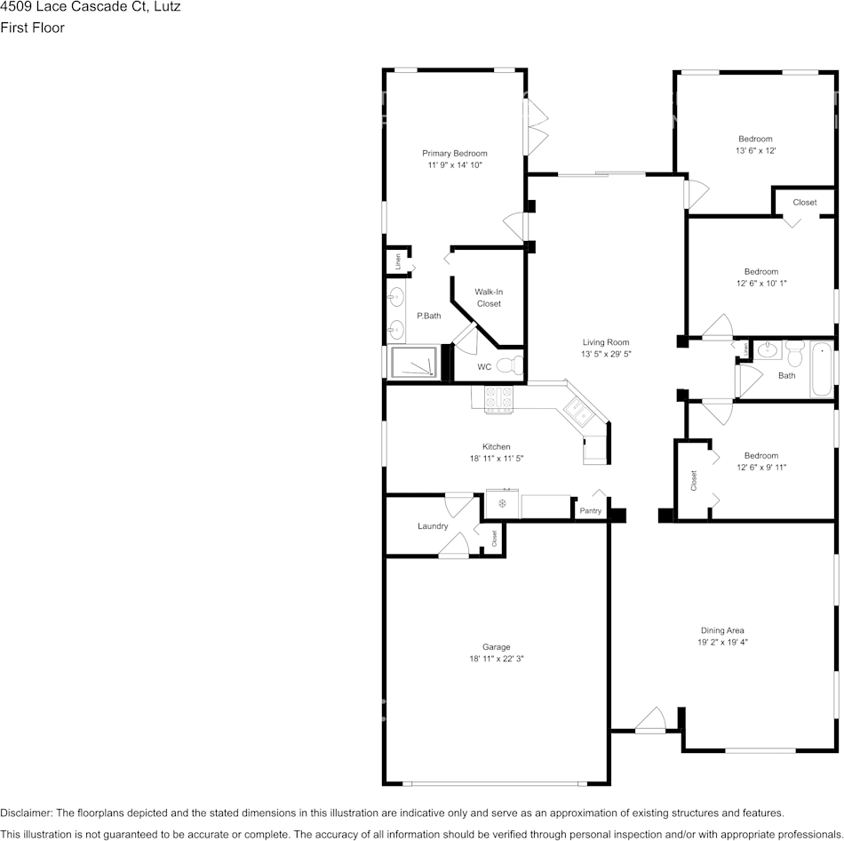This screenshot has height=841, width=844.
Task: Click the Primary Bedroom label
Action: coord(454,153)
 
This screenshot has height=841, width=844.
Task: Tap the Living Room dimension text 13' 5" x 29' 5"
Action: coord(605,354)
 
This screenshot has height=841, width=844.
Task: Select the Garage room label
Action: coord(490,646)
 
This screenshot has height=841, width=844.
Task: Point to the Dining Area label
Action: coord(722,630)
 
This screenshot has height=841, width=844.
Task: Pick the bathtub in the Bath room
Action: coord(820,370)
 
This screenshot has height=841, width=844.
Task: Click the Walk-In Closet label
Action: coord(489,297)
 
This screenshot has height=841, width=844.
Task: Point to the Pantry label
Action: coord(590,510)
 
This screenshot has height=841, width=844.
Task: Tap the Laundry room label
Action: coord(433,526)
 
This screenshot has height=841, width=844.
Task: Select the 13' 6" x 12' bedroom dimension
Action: coord(756,151)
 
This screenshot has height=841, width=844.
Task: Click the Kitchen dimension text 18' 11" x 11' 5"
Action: coord(496,459)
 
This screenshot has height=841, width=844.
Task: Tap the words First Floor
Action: coord(33,28)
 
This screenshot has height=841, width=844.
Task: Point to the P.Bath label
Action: coord(429,316)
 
